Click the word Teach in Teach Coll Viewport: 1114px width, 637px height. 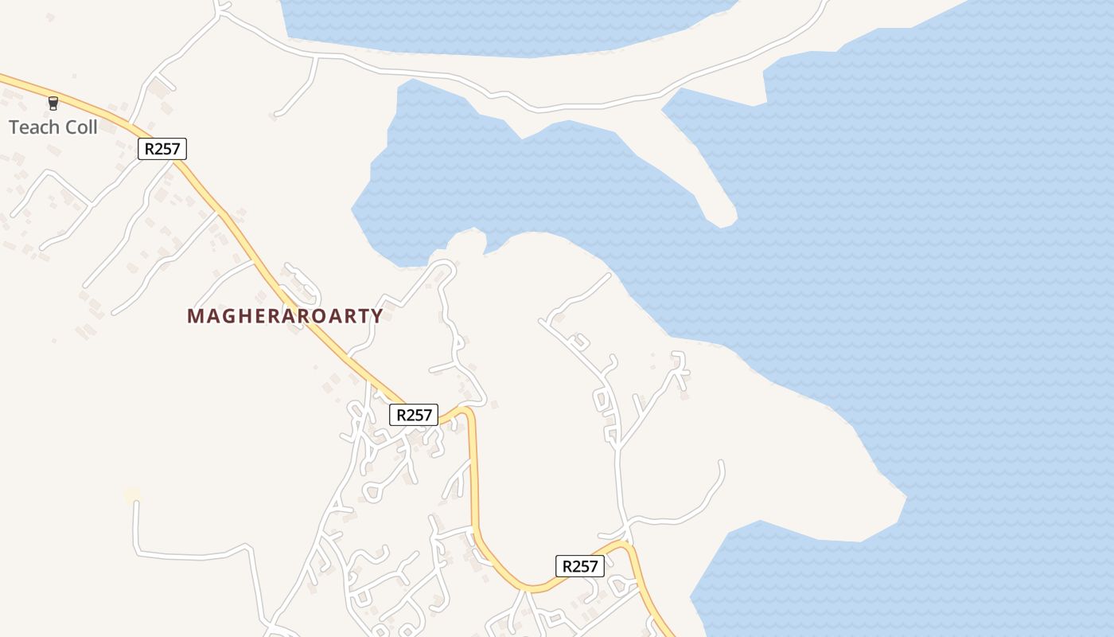coord(31,127)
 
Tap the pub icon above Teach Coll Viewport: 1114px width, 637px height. coord(53,104)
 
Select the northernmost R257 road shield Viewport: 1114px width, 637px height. coord(162,148)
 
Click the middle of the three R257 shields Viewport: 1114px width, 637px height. coord(414,415)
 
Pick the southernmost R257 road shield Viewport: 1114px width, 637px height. coord(580,566)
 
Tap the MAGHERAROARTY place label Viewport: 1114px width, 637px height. coord(285,316)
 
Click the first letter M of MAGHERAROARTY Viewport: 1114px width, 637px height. coord(194,316)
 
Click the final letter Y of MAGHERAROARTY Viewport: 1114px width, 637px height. coord(377,316)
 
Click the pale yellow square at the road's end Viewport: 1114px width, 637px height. coord(133,496)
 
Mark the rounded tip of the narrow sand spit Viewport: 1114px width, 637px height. coord(726,221)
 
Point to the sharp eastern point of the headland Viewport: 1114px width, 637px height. coord(906,499)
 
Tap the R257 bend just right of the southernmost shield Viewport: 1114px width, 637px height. coord(625,546)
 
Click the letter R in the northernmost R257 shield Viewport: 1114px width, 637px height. coord(149,148)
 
